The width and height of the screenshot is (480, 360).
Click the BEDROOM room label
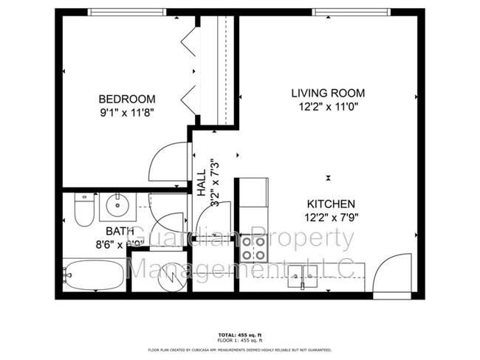[127, 99]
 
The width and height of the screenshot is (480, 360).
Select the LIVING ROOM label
[328, 93]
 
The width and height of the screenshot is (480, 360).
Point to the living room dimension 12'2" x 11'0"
[328, 106]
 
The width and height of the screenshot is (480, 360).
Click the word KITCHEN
[332, 204]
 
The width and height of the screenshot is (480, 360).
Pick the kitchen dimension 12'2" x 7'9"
[332, 217]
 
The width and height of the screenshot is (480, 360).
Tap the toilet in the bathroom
[83, 210]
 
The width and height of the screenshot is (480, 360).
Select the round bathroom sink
[117, 206]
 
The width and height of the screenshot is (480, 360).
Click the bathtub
[93, 275]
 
